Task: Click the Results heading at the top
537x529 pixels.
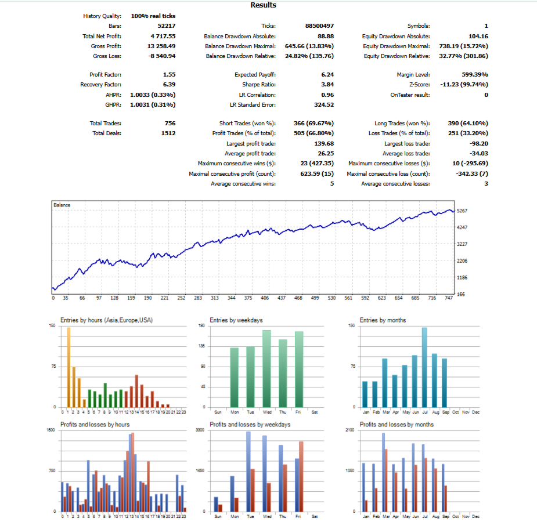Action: coord(263,5)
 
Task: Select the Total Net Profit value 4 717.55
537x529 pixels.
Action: coord(163,37)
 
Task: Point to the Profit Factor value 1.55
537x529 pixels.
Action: coord(169,75)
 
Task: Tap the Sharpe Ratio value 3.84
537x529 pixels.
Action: coord(327,85)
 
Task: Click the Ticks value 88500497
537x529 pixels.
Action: coord(319,26)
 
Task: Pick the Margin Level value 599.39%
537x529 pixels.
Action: coord(475,75)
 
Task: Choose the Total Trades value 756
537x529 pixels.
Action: coord(170,123)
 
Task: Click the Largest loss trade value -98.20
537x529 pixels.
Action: coord(479,144)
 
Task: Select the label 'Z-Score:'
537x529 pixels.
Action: coord(420,85)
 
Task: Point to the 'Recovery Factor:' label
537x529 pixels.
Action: coord(100,85)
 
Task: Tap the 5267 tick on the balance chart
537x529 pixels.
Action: coord(462,211)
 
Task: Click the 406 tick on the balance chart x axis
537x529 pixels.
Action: coord(265,298)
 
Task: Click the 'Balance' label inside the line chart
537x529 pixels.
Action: coord(62,205)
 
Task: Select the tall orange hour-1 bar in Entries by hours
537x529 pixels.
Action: coord(69,368)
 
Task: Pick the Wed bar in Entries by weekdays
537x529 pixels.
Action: coord(267,369)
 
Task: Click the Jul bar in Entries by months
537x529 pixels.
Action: coord(425,368)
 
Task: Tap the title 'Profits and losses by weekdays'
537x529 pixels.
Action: coord(250,425)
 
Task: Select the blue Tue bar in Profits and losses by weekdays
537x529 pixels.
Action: coord(248,472)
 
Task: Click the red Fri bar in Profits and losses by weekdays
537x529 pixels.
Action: coord(301,477)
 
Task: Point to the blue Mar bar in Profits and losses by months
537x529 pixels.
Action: coord(384,472)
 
